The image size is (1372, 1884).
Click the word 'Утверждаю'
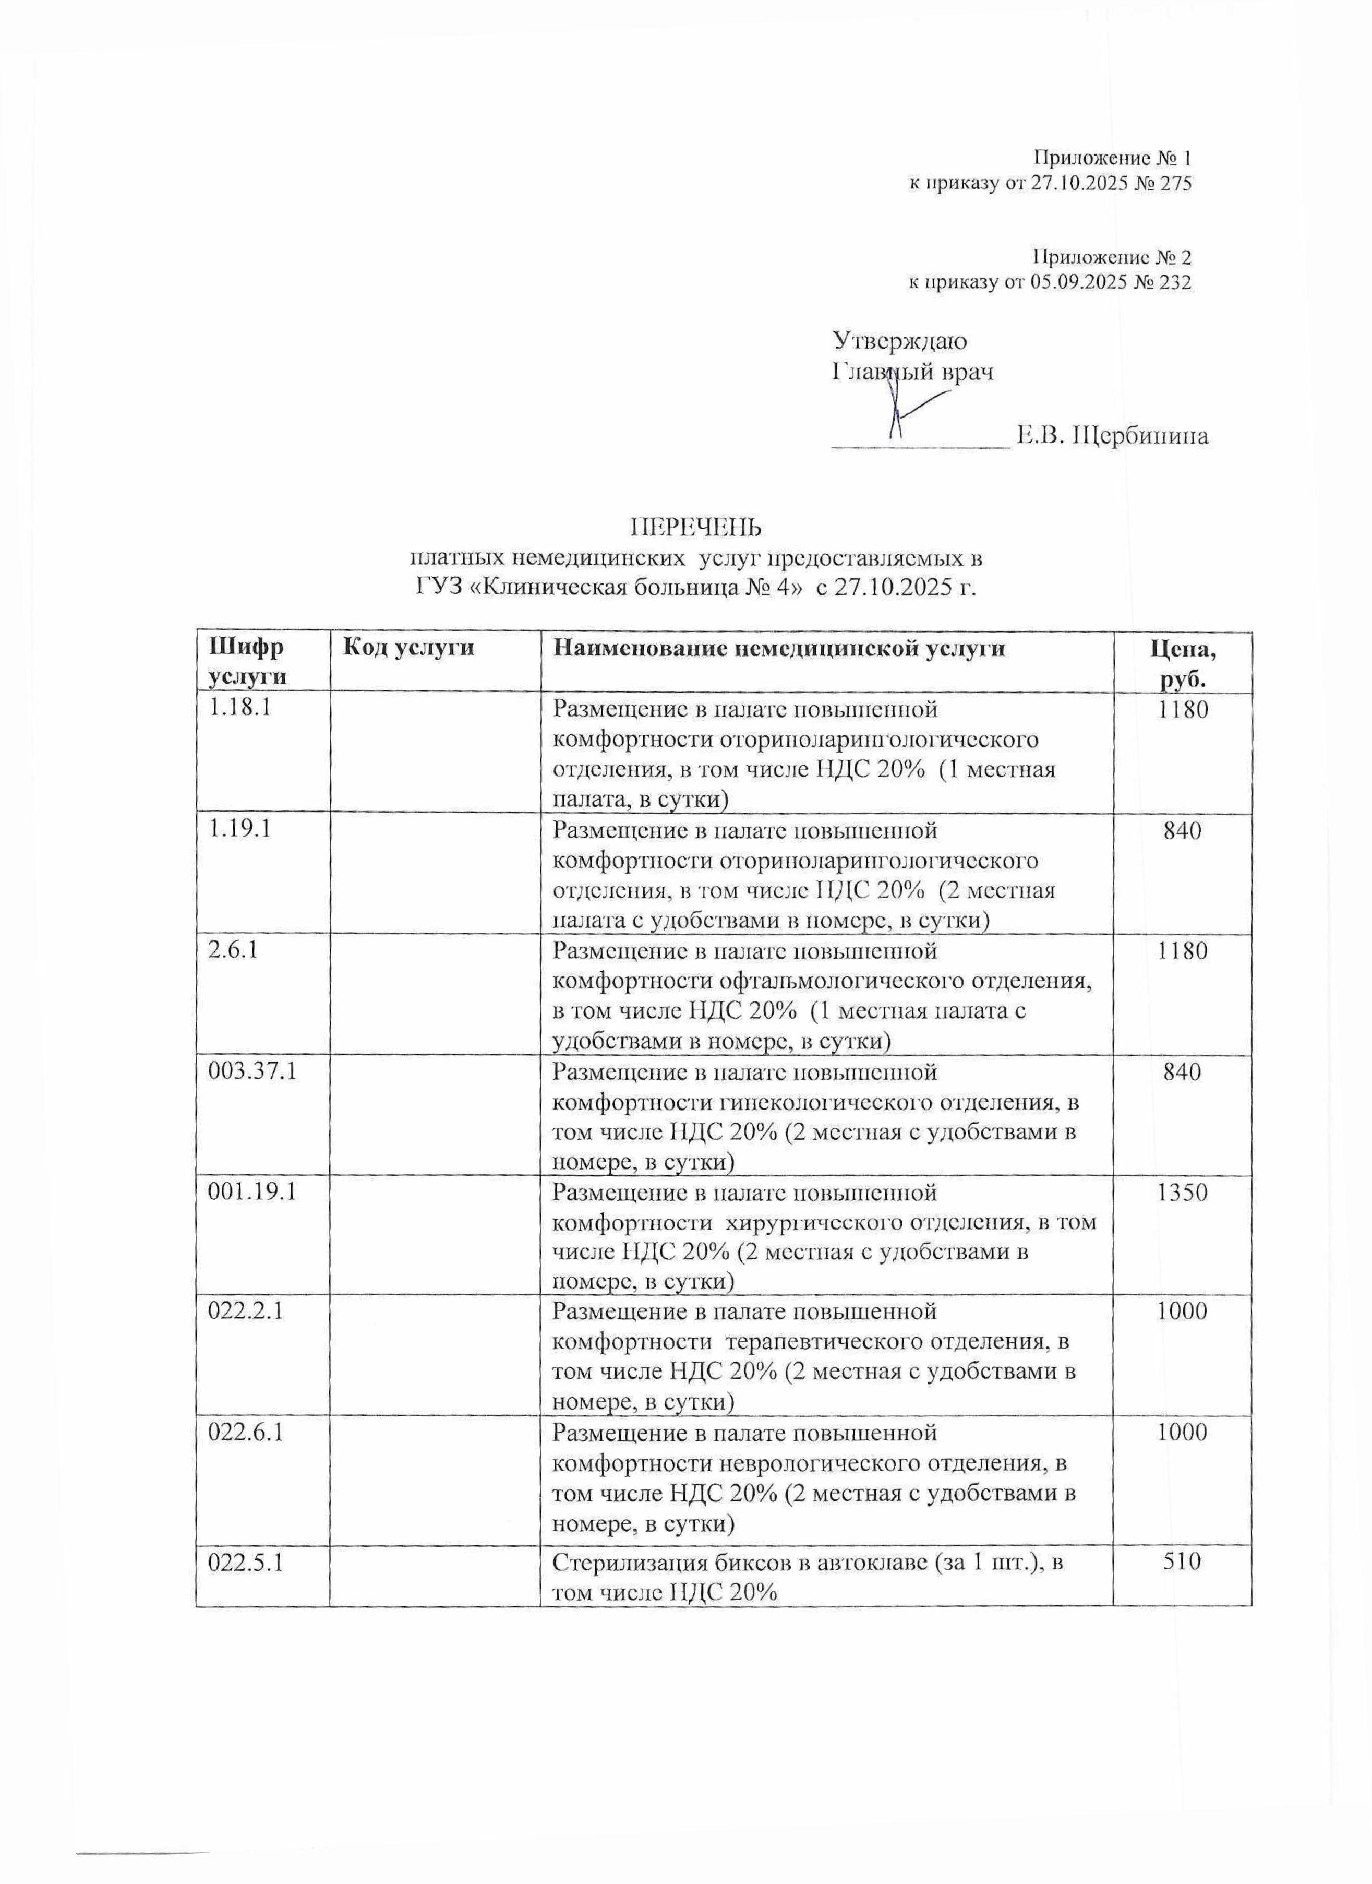[x=899, y=341]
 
